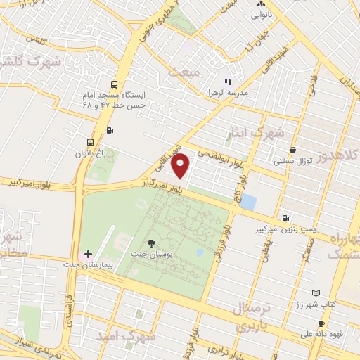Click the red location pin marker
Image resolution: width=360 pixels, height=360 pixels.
(181, 165)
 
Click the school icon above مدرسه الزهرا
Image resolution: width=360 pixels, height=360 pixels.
(228, 82)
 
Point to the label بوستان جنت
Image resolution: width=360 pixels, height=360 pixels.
(148, 251)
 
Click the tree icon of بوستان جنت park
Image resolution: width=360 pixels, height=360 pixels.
(152, 243)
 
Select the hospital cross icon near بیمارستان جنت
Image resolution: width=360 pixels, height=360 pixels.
(88, 254)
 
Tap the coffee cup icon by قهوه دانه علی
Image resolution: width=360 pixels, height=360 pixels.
(321, 323)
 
